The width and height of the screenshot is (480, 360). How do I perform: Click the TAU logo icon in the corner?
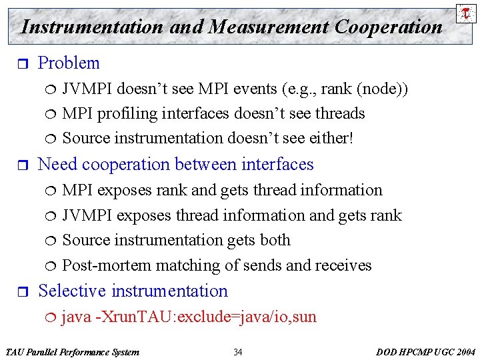(464, 13)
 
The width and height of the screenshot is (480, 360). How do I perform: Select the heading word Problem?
(69, 63)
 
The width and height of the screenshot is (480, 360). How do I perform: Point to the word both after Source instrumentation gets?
(275, 240)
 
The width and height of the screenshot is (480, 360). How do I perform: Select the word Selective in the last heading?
(73, 291)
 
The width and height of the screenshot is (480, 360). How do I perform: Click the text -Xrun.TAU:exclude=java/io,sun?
(206, 317)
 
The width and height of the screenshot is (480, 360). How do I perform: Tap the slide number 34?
(238, 352)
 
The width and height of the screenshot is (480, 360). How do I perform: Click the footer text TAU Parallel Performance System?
(72, 352)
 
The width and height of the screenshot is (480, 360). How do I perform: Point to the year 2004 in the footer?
(464, 352)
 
